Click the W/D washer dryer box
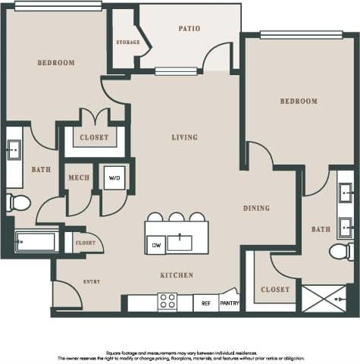click(114, 178)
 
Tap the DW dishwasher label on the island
click(156, 244)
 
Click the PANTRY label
click(230, 303)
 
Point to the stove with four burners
click(167, 301)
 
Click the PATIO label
click(189, 29)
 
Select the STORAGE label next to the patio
click(127, 42)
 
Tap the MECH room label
click(78, 178)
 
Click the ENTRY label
click(91, 281)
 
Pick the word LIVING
click(184, 137)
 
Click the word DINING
click(256, 208)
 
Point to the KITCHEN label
click(176, 275)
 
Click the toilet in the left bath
click(17, 202)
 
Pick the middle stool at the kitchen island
click(176, 217)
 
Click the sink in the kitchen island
click(180, 243)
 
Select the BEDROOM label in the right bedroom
click(298, 101)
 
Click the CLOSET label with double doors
click(94, 137)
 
